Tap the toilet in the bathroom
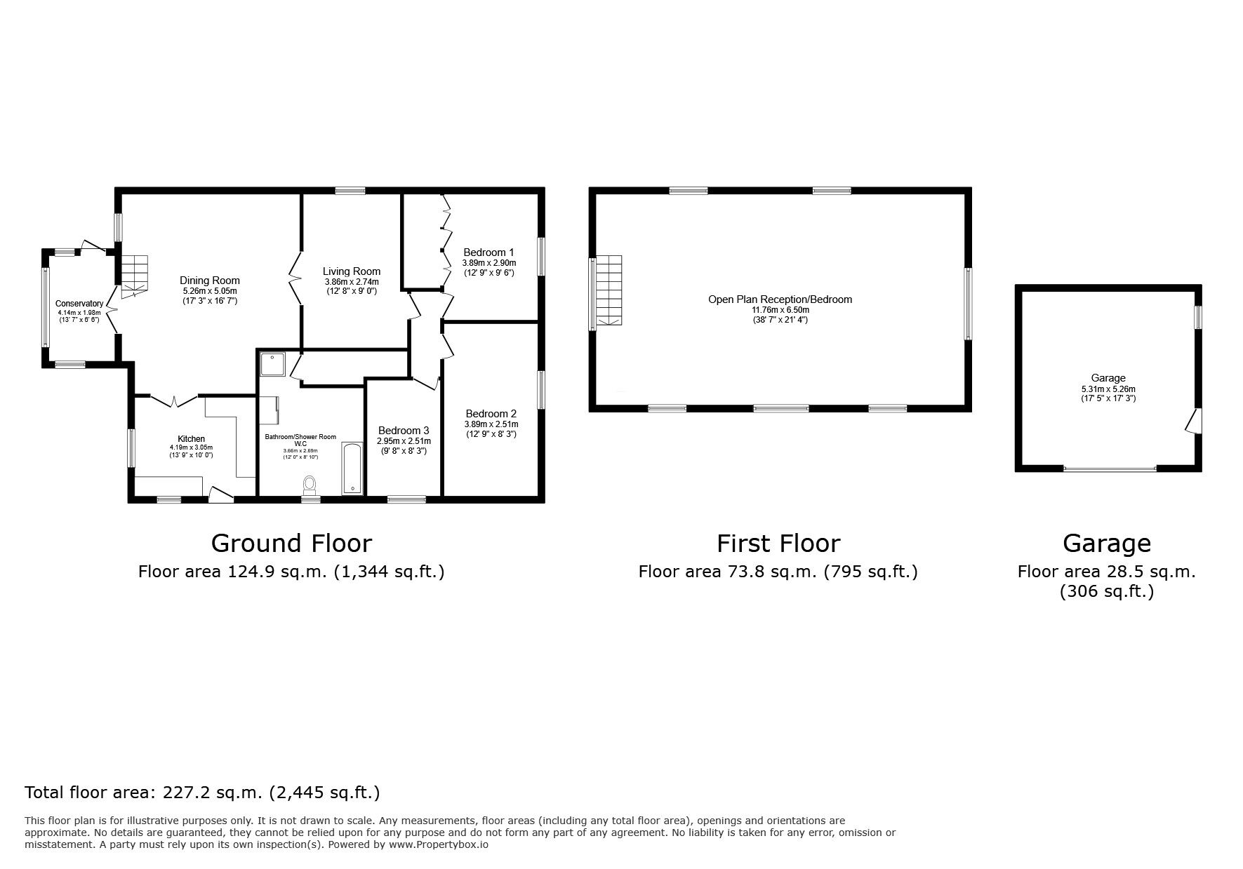310,485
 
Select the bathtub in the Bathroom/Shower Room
352,469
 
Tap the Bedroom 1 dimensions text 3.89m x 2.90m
489,263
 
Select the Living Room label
352,271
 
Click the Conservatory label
79,304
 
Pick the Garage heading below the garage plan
1107,544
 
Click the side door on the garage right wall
1192,421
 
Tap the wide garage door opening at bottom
1110,468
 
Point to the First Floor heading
778,544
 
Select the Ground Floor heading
291,544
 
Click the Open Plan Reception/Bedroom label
780,299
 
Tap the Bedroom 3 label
404,431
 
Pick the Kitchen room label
191,439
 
